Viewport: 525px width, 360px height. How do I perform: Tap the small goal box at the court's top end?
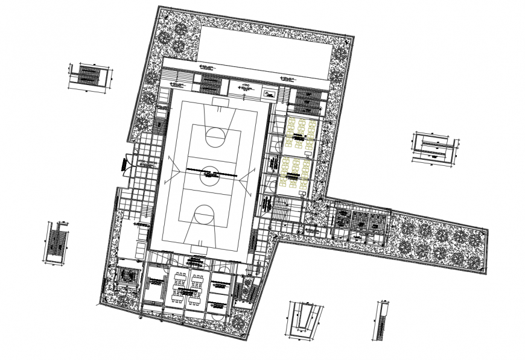(220, 104)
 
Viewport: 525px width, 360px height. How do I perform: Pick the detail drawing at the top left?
(89, 77)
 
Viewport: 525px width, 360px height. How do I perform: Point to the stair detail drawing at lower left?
(54, 242)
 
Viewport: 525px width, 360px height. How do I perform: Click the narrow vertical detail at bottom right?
(383, 320)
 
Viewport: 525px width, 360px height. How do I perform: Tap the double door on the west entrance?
(127, 163)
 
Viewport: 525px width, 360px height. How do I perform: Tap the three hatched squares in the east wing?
(360, 221)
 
